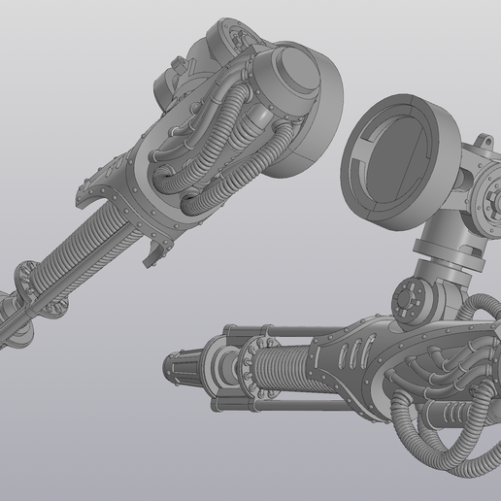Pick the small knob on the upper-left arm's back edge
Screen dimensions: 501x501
coord(177,66)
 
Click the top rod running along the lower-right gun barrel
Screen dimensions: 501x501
coord(282,335)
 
